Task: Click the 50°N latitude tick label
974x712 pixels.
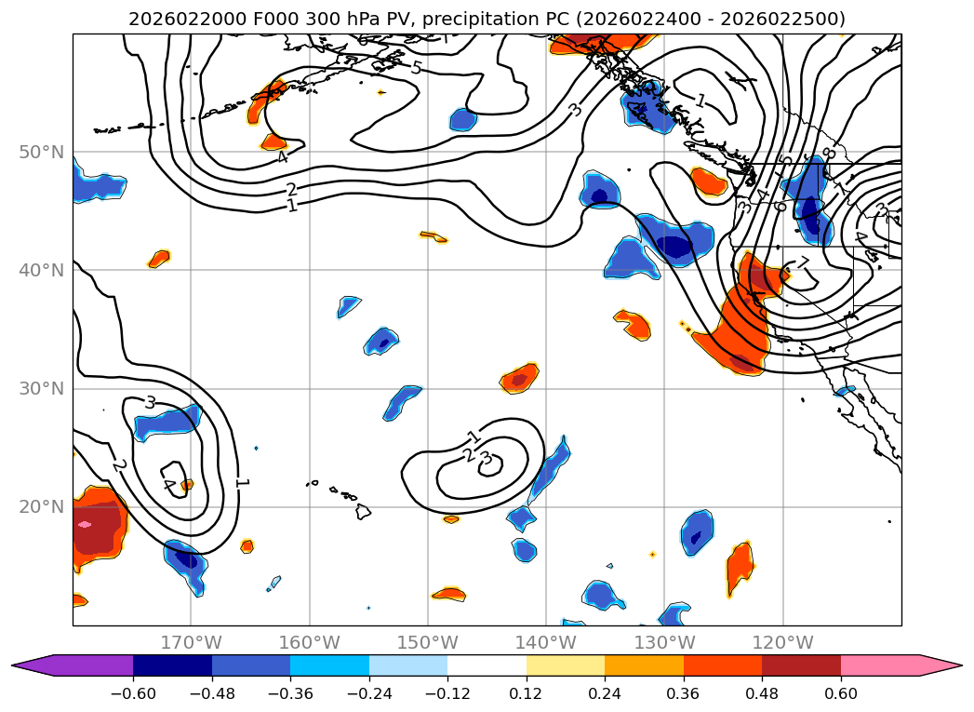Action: click(41, 153)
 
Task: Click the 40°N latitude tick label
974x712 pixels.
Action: click(41, 271)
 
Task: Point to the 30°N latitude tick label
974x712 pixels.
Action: click(41, 389)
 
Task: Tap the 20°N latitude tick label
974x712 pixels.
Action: click(41, 507)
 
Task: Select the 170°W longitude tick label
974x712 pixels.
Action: click(191, 642)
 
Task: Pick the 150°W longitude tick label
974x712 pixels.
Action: click(428, 642)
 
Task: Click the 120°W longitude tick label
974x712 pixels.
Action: click(783, 642)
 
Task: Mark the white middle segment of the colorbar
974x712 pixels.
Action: click(487, 665)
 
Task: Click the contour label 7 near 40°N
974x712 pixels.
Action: click(803, 263)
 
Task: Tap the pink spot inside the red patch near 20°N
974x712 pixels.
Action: click(85, 524)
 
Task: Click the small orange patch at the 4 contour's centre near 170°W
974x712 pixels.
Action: click(187, 484)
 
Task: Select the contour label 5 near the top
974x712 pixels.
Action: click(415, 67)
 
